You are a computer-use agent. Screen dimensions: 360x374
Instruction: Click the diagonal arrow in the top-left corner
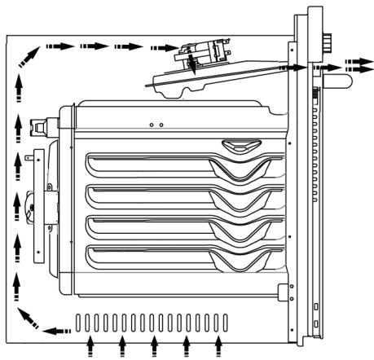tap(29, 57)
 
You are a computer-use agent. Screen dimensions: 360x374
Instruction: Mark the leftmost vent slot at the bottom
tap(79, 323)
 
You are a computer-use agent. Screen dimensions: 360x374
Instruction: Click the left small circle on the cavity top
tap(152, 125)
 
